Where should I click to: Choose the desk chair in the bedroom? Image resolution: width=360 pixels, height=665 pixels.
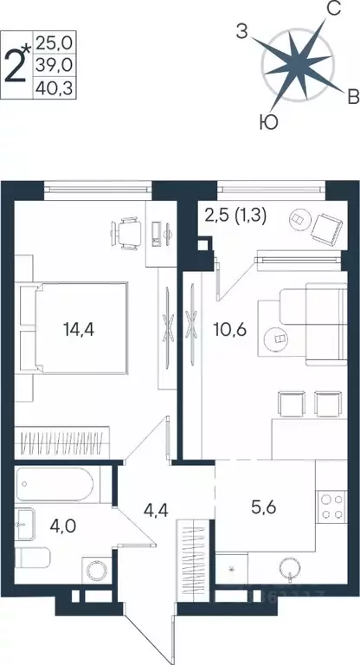click(x=126, y=230)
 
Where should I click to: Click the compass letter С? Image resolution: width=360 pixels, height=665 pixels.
click(x=331, y=10)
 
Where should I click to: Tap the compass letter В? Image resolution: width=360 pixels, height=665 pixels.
click(x=353, y=94)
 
